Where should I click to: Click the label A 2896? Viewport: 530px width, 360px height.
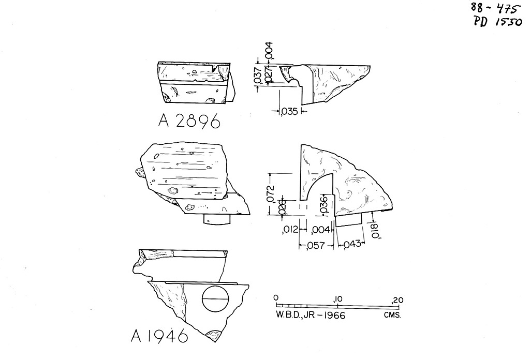[x=189, y=121]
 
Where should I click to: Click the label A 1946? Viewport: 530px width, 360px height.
[x=159, y=336]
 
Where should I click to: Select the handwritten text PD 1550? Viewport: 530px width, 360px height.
[x=498, y=21]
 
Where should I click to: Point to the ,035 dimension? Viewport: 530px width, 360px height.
[x=289, y=111]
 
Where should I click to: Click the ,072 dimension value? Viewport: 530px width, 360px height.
[x=270, y=193]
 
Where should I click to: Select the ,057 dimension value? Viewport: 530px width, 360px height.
[x=315, y=246]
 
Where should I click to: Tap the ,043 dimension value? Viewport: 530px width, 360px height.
[x=352, y=244]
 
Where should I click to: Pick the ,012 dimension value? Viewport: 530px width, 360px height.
[x=290, y=230]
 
